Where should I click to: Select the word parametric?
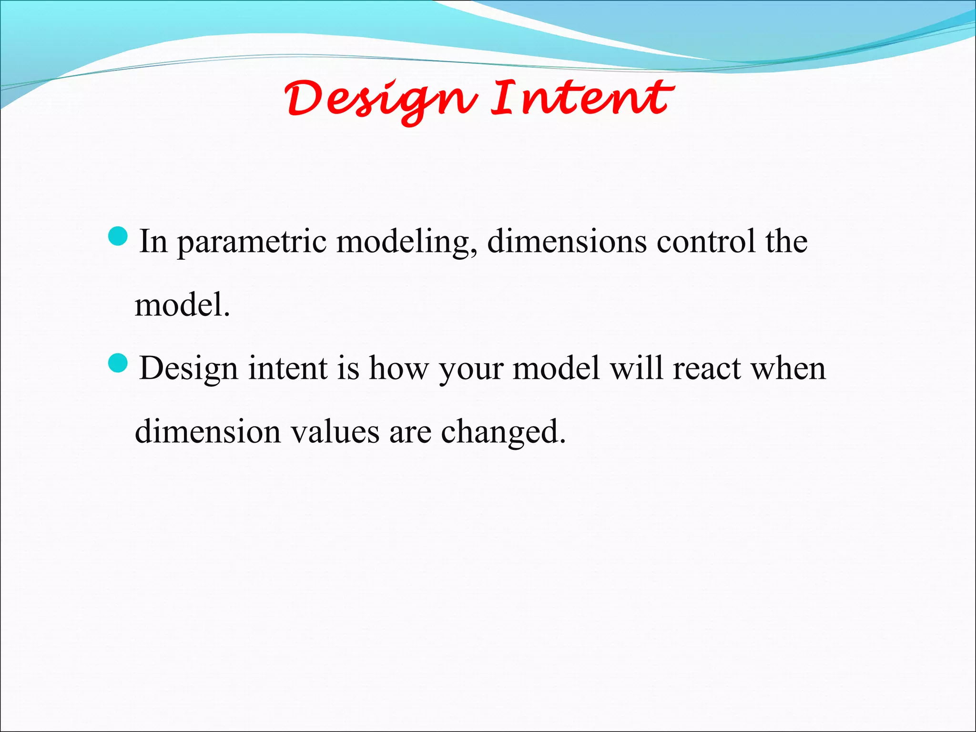pos(252,242)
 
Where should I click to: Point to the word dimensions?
pos(567,241)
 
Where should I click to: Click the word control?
pos(706,241)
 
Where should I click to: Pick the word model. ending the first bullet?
pos(182,305)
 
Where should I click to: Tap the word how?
pos(398,368)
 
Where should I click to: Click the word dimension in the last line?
pos(208,432)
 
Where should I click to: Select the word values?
pos(335,432)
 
